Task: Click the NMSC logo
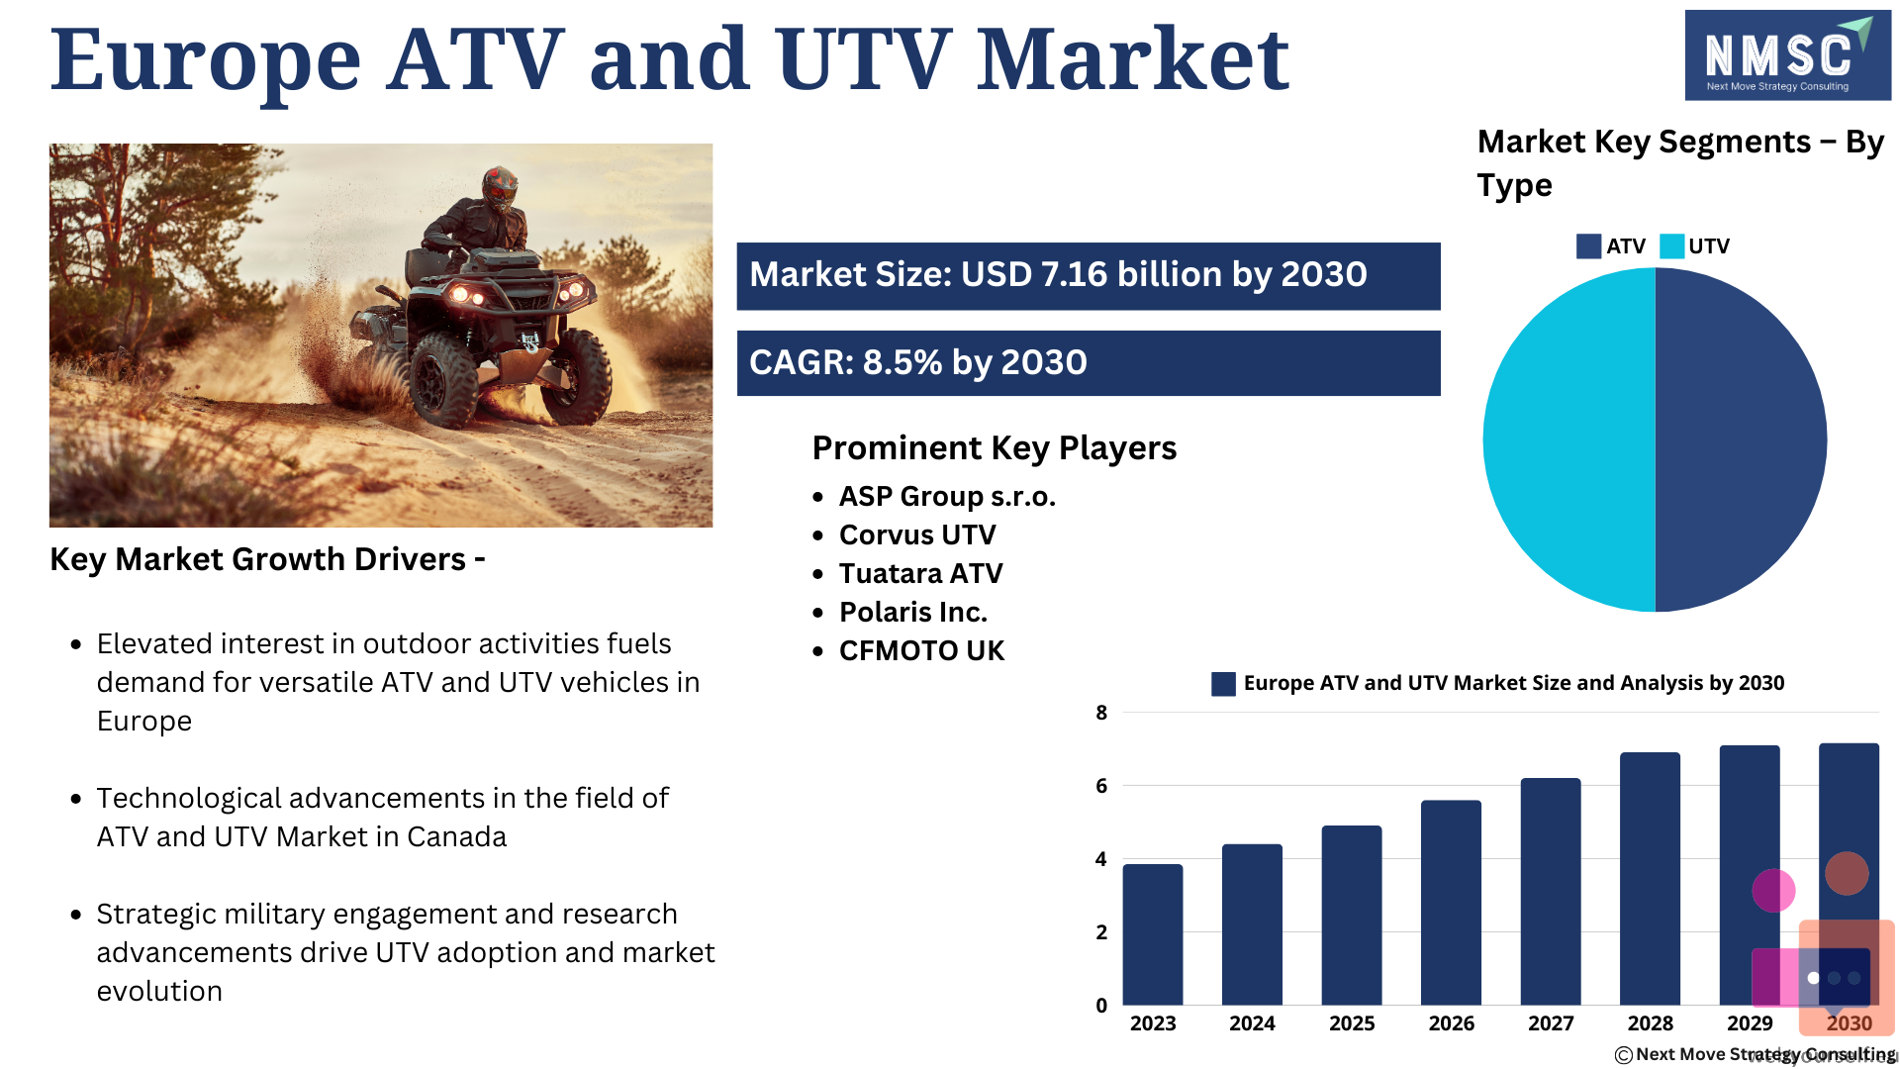click(1787, 55)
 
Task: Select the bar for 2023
click(1153, 934)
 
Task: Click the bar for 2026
click(1451, 903)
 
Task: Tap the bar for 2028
click(1650, 879)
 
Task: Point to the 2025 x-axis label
click(1352, 1023)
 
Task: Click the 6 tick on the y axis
click(1101, 786)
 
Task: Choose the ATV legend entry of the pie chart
click(1610, 246)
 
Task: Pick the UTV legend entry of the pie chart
click(1694, 246)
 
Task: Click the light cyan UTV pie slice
click(1569, 439)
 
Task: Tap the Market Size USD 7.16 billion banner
click(1089, 276)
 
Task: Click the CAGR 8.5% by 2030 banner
click(1089, 363)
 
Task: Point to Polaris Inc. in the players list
click(913, 613)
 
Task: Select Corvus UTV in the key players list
click(917, 535)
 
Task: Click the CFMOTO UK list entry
click(921, 651)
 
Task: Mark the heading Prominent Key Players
click(995, 448)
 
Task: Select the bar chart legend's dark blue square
click(1223, 684)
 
